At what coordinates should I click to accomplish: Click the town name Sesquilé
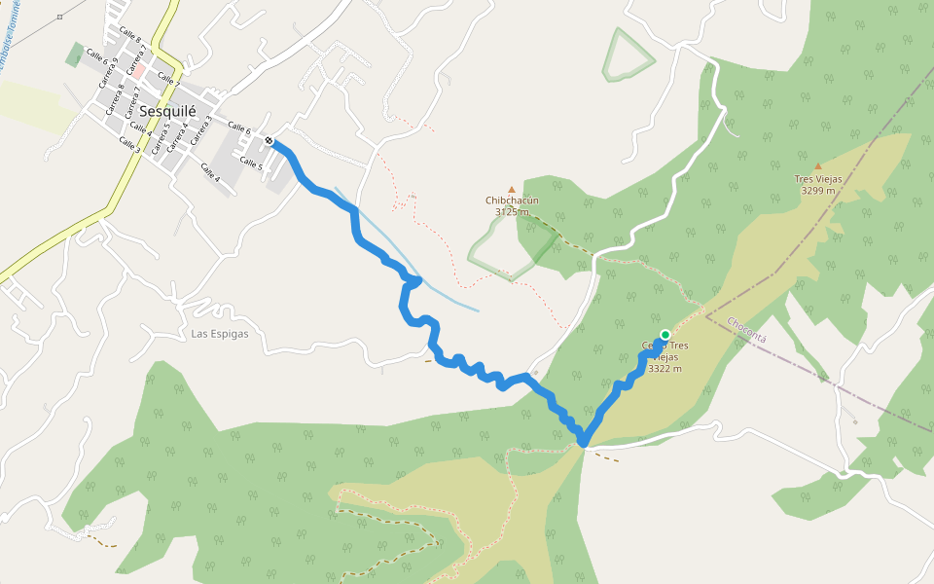click(167, 111)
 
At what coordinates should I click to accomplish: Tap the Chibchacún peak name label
click(512, 201)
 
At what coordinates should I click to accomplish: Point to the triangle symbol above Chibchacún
click(512, 190)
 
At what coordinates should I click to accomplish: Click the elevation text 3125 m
click(512, 211)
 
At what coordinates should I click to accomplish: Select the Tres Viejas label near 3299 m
click(817, 179)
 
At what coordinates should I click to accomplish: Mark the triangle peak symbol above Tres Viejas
click(817, 167)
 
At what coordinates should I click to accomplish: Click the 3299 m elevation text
click(817, 191)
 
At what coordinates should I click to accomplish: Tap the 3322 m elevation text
click(665, 369)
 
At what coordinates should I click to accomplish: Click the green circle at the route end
click(665, 335)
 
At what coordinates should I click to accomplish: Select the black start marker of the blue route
click(269, 141)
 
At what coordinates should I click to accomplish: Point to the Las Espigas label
click(220, 334)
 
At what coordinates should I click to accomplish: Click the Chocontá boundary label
click(747, 329)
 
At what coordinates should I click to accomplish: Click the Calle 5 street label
click(251, 165)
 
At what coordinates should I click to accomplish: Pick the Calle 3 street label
click(129, 144)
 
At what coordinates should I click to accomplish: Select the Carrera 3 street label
click(201, 130)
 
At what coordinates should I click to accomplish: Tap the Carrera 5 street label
click(159, 133)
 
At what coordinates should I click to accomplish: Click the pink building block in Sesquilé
click(139, 71)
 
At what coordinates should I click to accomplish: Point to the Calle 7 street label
click(167, 80)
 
